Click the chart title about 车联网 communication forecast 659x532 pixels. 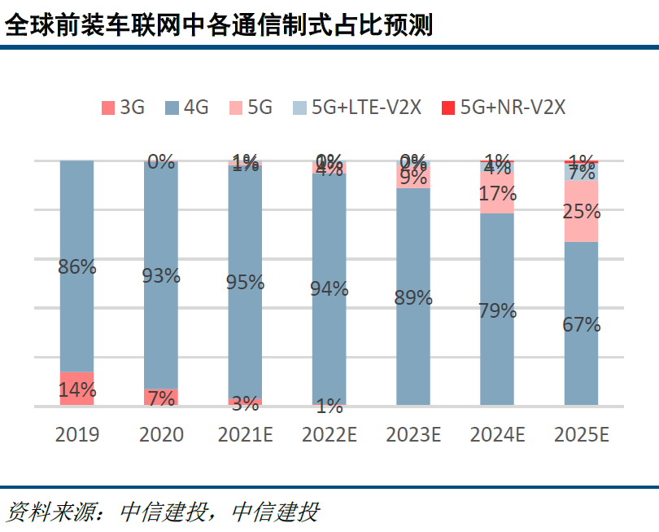point(218,24)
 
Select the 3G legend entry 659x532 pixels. point(123,108)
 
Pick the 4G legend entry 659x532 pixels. point(186,108)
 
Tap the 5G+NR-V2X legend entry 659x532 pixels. point(503,108)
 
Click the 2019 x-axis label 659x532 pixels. point(77,434)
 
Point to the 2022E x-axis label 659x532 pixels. point(329,434)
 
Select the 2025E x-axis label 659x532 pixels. point(582,434)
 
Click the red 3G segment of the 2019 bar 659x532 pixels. point(77,389)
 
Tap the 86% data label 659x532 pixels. point(77,266)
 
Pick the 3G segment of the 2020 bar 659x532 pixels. point(161,398)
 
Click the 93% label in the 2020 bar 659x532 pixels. point(161,275)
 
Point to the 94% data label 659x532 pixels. point(329,288)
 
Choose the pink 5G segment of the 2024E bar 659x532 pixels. point(497,194)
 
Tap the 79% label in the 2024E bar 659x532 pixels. point(497,310)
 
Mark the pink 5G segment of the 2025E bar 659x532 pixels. point(582,212)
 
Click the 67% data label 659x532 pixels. point(582,324)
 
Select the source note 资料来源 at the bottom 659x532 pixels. point(163,512)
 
